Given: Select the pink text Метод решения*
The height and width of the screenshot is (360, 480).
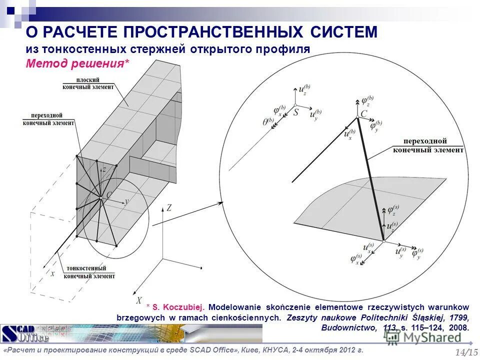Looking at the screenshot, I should pos(77,63).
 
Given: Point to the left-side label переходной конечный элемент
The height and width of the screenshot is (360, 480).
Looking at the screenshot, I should pos(49,119).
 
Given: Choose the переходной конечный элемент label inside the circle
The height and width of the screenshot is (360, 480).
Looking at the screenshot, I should pos(428,145).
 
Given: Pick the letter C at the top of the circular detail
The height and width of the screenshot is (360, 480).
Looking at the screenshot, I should pos(363,114).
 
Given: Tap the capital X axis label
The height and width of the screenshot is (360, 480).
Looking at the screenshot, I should pos(139,300).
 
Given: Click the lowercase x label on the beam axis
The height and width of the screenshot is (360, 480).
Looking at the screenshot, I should pos(51,273).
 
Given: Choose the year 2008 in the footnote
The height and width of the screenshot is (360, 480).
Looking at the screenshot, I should pos(458,328).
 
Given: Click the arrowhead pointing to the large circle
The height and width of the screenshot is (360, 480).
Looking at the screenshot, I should pos(220,202).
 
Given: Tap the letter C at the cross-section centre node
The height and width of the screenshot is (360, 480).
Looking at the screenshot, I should pos(108,194).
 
